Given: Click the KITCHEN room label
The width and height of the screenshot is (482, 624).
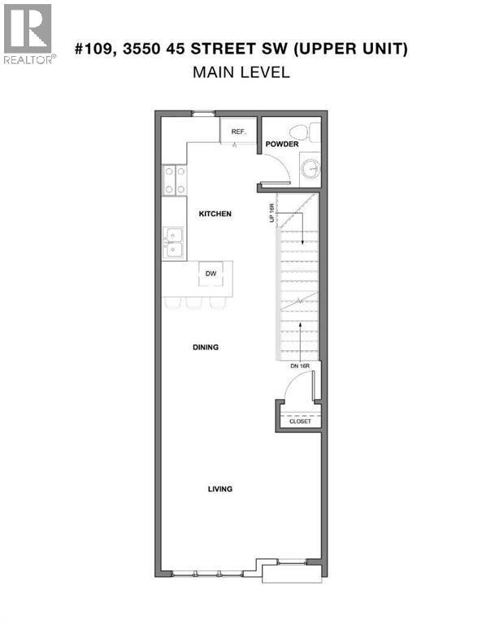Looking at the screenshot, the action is click(x=215, y=214).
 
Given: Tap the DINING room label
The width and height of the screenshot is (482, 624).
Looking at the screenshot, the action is click(x=206, y=347).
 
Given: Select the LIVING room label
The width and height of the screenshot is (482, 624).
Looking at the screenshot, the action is click(x=220, y=488).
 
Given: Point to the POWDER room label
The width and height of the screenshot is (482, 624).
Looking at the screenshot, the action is click(x=282, y=144).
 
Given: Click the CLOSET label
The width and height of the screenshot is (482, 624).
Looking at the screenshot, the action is click(x=300, y=421).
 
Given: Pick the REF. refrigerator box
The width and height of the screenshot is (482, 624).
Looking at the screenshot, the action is click(x=238, y=131).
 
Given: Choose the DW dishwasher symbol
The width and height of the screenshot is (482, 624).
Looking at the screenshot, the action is click(x=211, y=273).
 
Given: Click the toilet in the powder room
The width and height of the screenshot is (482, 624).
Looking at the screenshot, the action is click(x=305, y=132).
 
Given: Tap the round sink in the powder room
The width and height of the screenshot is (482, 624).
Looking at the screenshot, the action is click(x=310, y=169).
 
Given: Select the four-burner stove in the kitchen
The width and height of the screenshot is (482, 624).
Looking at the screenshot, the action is click(x=174, y=180).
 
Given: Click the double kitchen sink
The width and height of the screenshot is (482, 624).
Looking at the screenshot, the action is click(x=173, y=243).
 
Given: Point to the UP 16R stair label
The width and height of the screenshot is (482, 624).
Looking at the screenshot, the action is click(x=272, y=213).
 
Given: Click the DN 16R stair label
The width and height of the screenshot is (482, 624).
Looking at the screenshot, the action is click(x=300, y=366).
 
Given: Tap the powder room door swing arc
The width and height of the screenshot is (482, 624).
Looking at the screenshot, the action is click(x=284, y=162).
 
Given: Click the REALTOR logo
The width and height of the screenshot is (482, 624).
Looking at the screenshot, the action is click(x=28, y=34).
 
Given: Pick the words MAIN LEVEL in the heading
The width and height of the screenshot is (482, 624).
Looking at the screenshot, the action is click(x=241, y=72).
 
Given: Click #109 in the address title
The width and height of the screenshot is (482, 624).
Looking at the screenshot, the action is click(x=96, y=49).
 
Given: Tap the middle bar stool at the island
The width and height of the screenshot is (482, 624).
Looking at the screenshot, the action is click(x=194, y=302).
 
